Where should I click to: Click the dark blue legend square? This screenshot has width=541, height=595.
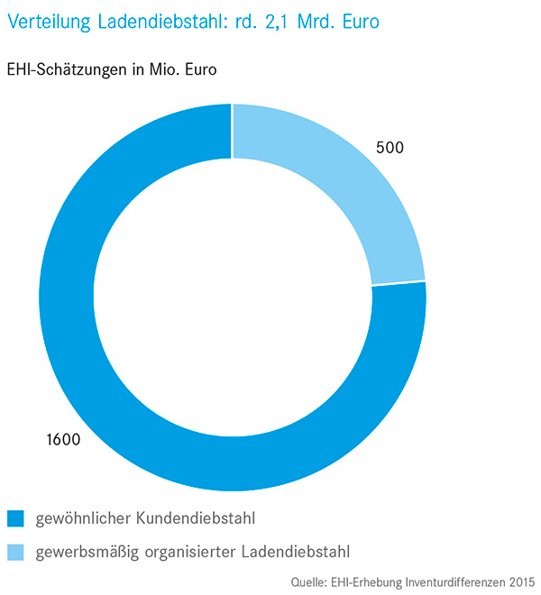click(x=15, y=518)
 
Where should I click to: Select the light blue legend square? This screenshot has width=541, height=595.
click(x=15, y=550)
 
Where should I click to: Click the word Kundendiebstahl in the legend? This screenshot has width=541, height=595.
click(x=205, y=518)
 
